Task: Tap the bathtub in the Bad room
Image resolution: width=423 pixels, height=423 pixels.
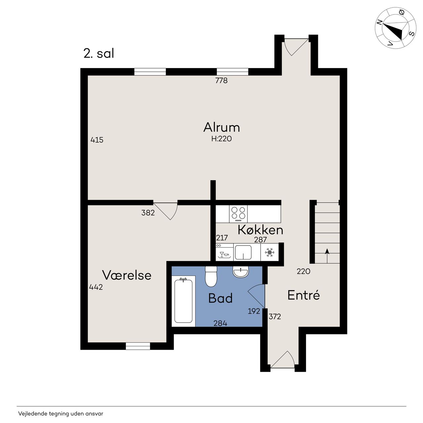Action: [183, 301]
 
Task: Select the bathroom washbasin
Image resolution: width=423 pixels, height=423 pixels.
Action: [240, 272]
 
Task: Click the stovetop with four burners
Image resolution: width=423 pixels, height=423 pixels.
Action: [238, 214]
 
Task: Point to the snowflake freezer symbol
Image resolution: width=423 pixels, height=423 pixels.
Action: [270, 252]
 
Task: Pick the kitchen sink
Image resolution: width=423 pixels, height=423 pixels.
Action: [243, 252]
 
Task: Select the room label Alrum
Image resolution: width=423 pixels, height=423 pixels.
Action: [221, 127]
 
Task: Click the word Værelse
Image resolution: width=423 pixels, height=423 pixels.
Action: [127, 275]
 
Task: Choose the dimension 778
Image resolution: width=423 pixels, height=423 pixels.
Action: [221, 81]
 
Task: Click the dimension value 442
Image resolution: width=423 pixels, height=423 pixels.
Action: [96, 287]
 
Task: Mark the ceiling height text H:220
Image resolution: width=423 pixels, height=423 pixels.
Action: [221, 139]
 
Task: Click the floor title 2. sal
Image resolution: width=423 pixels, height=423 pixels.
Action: [99, 53]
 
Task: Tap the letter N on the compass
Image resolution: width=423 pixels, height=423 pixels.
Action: [379, 22]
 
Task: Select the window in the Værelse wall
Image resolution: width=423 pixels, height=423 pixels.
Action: [138, 346]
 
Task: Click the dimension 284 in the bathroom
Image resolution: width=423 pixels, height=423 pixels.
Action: [220, 323]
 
